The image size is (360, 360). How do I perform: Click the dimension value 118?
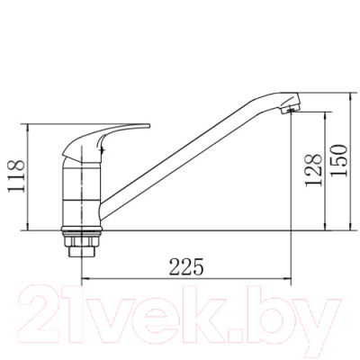click(x=15, y=176)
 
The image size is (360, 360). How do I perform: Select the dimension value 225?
click(x=186, y=266)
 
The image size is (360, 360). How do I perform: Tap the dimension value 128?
click(x=313, y=170)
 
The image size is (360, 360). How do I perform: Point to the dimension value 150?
click(x=339, y=160)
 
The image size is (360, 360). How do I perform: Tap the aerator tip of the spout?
click(x=290, y=103)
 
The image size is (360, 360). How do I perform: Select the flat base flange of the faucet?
click(x=82, y=229)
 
